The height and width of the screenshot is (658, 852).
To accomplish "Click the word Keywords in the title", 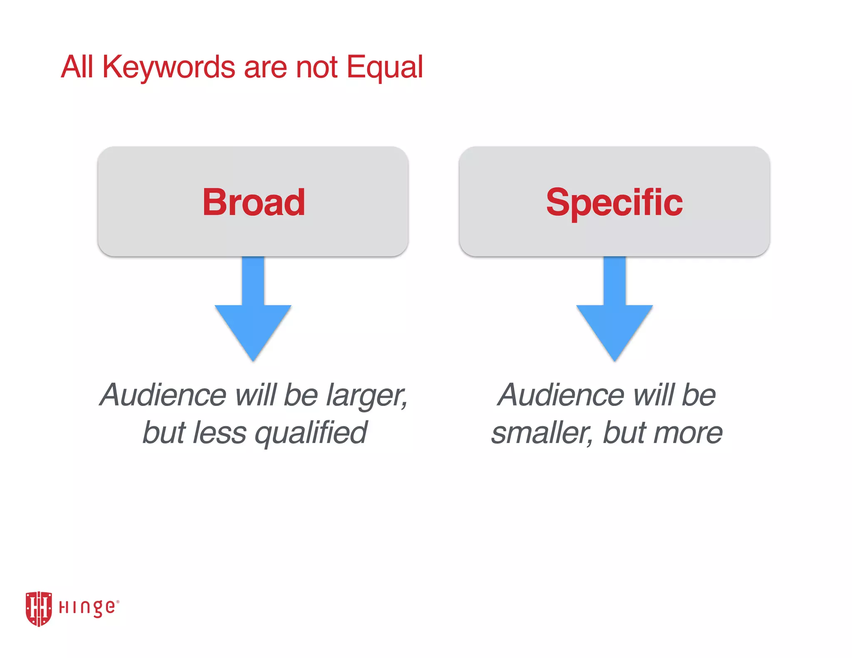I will tap(168, 68).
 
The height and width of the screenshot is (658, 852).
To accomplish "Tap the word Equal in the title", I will tap(384, 68).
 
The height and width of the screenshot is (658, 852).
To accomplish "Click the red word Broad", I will tap(254, 203).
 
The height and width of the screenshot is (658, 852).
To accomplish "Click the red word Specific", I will tap(614, 203).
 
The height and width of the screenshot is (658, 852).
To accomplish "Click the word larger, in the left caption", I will tap(366, 396).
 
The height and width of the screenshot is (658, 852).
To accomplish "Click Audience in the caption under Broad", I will tap(163, 395).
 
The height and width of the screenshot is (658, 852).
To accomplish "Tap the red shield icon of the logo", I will tap(39, 608).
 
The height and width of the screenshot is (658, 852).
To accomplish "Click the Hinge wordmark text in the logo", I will tap(88, 608).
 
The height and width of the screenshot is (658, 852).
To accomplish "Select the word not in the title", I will tap(316, 68).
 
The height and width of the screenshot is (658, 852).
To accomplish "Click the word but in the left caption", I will tap(163, 433).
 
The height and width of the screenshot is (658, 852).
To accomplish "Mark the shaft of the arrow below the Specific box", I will tap(614, 281).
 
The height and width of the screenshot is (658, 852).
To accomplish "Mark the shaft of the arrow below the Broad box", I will tap(253, 281).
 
